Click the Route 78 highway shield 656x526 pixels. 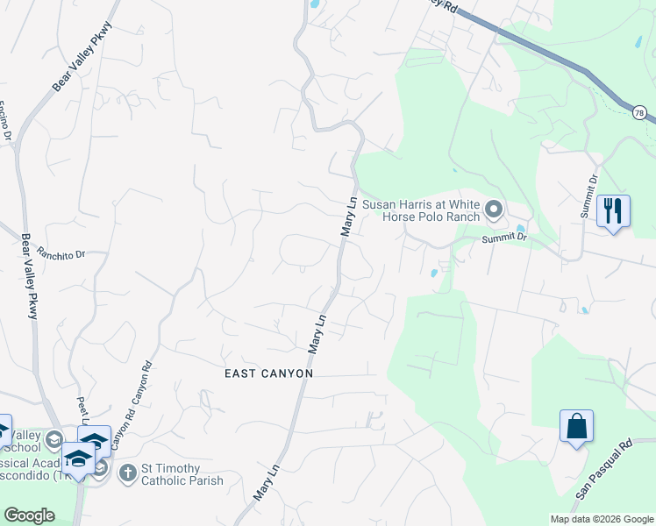639,112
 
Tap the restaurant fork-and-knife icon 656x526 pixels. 613,210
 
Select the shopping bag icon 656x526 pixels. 576,427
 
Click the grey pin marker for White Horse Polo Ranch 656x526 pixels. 494,210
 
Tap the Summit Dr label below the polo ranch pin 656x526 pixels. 504,238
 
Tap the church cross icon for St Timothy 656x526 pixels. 127,473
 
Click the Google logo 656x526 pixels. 30,515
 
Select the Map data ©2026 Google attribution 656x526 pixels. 601,519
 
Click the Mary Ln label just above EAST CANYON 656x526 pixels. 317,334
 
